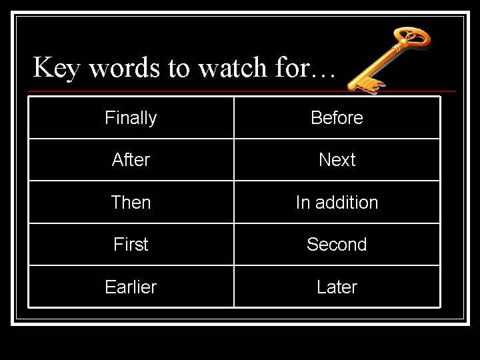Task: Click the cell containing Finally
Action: [131, 118]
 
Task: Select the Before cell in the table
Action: [337, 118]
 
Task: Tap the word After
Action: [131, 160]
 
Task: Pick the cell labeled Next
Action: [337, 160]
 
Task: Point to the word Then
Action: [131, 202]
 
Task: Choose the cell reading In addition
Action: [337, 202]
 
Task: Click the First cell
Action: [131, 244]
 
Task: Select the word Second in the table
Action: [337, 244]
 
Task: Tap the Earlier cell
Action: [131, 287]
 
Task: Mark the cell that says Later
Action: [337, 287]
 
